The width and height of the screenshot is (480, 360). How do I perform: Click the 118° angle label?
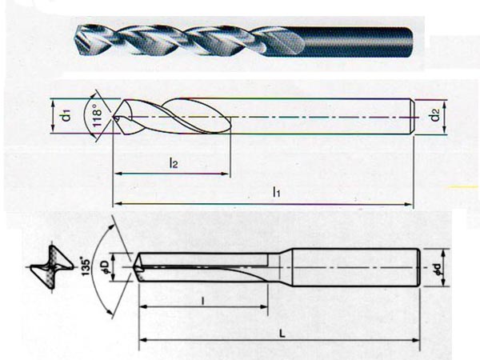tap(97, 115)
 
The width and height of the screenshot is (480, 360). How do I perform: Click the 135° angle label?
tap(86, 267)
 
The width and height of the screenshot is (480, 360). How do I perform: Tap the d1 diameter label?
tap(66, 115)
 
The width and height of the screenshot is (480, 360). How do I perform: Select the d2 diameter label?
tap(435, 115)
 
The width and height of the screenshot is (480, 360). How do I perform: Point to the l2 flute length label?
tap(174, 163)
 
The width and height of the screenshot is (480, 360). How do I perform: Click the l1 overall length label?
tap(277, 192)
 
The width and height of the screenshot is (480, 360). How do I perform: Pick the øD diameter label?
tap(106, 267)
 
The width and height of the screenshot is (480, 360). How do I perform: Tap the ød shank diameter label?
tap(438, 268)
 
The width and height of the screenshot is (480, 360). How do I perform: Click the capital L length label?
tap(282, 334)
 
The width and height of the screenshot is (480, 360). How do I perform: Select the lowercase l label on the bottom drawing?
tap(203, 301)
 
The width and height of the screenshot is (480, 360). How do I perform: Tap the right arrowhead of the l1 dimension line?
tap(410, 204)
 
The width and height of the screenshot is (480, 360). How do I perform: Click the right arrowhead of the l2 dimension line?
tap(226, 174)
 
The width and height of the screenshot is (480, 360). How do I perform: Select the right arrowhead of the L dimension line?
tap(415, 340)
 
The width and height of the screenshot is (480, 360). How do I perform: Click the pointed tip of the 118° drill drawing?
tap(114, 117)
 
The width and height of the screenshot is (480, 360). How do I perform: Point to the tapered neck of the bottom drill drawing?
tap(286, 267)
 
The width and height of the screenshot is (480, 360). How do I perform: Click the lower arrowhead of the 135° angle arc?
tap(109, 311)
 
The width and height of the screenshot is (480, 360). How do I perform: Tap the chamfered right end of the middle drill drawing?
tap(412, 117)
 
